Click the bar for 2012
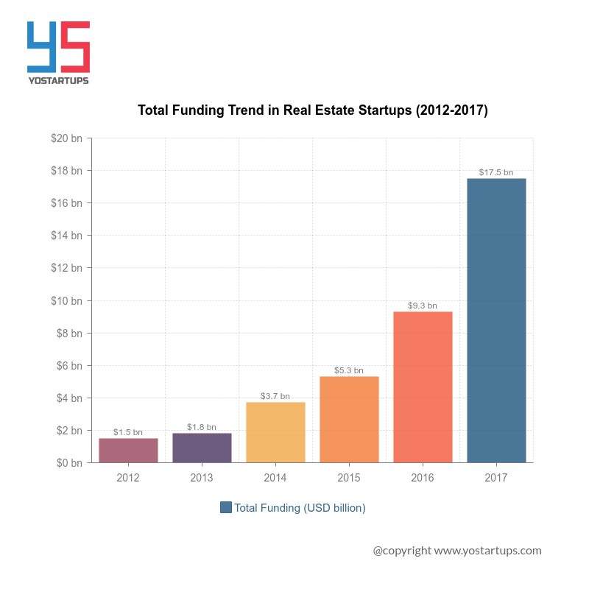click(x=128, y=451)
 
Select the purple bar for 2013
click(x=202, y=448)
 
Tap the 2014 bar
click(x=275, y=432)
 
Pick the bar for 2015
click(x=349, y=420)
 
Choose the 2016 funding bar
click(x=423, y=387)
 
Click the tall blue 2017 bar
click(x=496, y=320)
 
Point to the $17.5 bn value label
click(x=496, y=172)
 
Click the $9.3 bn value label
click(x=423, y=306)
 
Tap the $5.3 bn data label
click(x=349, y=370)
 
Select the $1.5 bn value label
click(x=128, y=432)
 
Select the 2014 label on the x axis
click(x=275, y=478)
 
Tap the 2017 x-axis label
click(x=496, y=478)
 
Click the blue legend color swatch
click(x=226, y=507)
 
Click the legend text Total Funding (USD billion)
click(x=300, y=508)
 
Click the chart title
click(x=313, y=110)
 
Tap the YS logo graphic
click(x=58, y=48)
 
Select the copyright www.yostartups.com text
click(x=456, y=550)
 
